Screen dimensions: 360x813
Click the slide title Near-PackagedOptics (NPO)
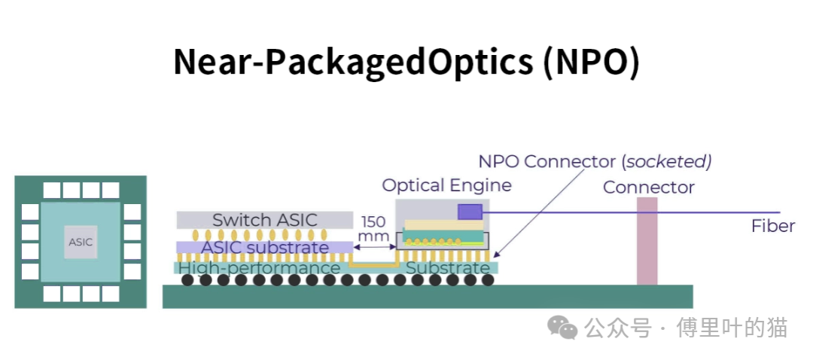coord(406,62)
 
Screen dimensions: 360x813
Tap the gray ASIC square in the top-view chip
coord(81,242)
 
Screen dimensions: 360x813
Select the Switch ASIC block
coord(264,220)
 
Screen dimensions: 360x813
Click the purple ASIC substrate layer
coord(264,247)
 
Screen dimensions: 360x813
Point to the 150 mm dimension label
coord(374,229)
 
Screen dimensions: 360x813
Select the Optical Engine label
coord(446,185)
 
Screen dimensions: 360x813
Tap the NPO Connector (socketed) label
coord(595,161)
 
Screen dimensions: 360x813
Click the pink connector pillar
coord(647,241)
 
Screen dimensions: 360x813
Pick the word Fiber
coord(772,226)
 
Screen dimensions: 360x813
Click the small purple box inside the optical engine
coord(470,212)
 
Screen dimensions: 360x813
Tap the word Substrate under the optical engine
coord(447,268)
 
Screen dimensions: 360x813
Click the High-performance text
coord(259,268)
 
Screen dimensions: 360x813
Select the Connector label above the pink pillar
coord(648,187)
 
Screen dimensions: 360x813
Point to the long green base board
coord(427,297)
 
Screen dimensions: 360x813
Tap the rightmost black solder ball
coord(488,280)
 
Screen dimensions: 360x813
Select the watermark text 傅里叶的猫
coord(732,328)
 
